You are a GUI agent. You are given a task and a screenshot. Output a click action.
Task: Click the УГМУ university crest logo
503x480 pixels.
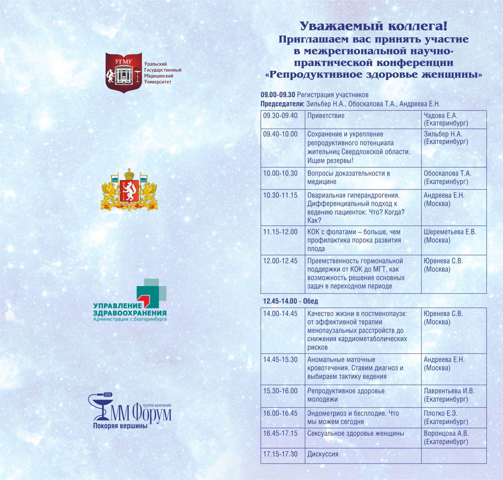pyautogui.click(x=124, y=72)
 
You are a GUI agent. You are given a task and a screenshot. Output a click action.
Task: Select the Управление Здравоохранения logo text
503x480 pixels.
pyautogui.click(x=130, y=309)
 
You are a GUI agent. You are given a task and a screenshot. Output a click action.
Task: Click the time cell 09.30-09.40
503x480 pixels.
pyautogui.click(x=280, y=116)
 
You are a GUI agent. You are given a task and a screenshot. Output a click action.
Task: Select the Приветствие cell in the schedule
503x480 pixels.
pyautogui.click(x=326, y=116)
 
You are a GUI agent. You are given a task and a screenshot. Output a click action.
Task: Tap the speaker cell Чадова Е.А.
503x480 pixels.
pyautogui.click(x=441, y=116)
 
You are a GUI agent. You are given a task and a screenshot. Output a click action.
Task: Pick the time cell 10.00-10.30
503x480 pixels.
pyautogui.click(x=280, y=173)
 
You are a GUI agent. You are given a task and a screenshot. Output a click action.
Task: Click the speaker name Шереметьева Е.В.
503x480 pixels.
pyautogui.click(x=450, y=232)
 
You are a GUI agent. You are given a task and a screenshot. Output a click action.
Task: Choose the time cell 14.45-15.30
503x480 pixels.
pyautogui.click(x=280, y=360)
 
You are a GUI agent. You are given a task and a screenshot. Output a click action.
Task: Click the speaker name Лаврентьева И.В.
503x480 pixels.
pyautogui.click(x=449, y=391)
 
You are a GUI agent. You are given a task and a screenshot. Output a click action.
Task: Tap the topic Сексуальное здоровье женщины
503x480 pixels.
pyautogui.click(x=355, y=433)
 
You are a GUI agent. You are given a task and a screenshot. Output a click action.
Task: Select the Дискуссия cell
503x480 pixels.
pyautogui.click(x=323, y=454)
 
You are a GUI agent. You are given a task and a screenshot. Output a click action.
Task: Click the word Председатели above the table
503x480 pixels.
pyautogui.click(x=282, y=104)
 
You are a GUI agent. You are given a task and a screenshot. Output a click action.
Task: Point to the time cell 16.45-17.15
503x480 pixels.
pyautogui.click(x=280, y=433)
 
